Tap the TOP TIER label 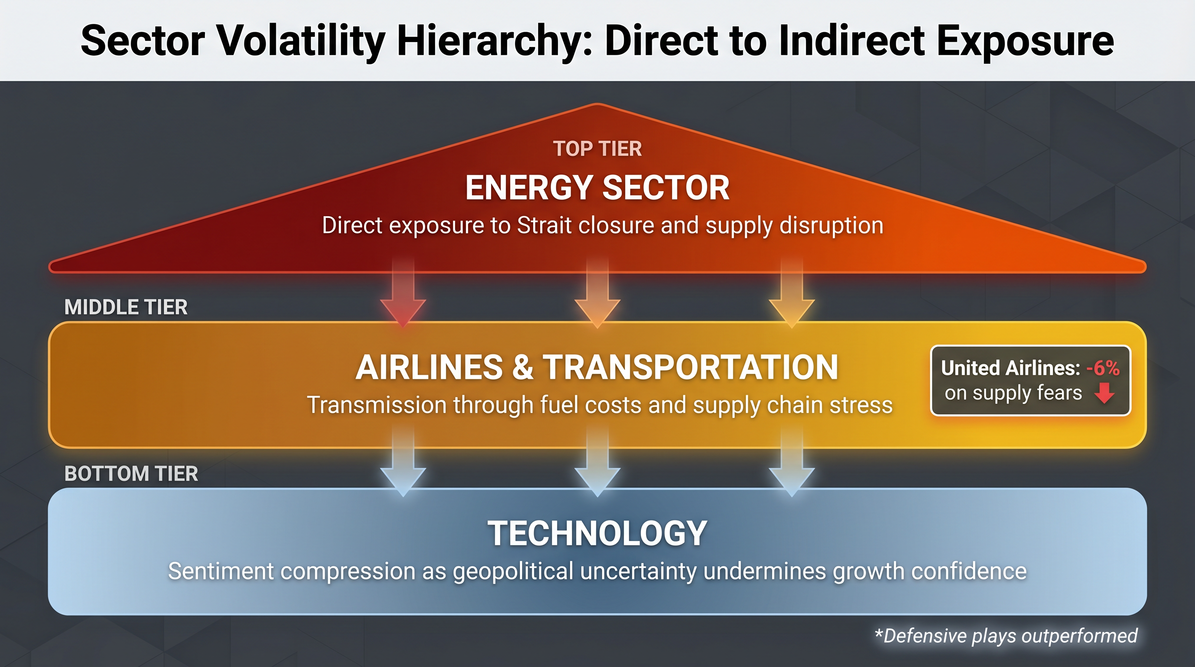(597, 149)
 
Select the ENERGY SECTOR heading (597, 188)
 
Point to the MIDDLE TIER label (126, 307)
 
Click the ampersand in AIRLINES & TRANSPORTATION (523, 367)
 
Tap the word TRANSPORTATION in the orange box (691, 367)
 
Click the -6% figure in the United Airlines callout (1103, 368)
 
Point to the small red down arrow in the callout (1105, 393)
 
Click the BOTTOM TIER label (131, 474)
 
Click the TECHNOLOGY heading (597, 533)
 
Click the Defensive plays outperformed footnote (1006, 636)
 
